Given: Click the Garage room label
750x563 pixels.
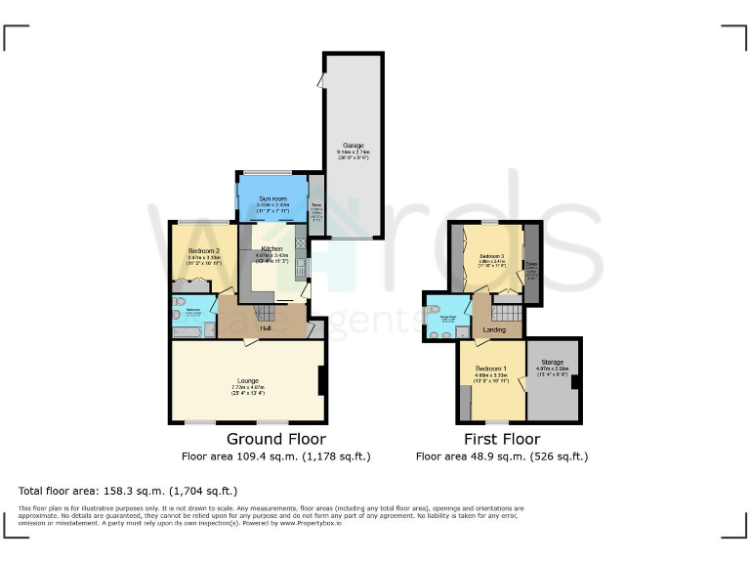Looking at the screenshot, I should coord(353,146).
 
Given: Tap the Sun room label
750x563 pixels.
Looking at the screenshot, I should coord(272,198).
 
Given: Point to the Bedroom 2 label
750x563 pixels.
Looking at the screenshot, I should coord(204,251).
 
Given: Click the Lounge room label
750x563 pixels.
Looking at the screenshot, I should coord(245,381).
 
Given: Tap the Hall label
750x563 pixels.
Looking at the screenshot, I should coord(265,329).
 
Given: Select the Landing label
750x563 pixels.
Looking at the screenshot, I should coord(495,330).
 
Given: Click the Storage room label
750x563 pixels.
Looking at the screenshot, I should coord(552,363).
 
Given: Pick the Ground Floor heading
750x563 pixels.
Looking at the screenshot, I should coord(276,439).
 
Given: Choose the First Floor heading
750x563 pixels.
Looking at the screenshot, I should coord(502,439).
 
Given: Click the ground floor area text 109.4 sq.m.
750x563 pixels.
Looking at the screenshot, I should coord(276,455).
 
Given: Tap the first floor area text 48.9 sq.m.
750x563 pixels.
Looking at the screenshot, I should coord(502,455).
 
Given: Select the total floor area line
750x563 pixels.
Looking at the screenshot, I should coord(128,491).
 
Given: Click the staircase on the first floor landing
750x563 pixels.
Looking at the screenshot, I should coord(506,315).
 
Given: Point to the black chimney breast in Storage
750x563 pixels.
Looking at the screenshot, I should coord(576,382).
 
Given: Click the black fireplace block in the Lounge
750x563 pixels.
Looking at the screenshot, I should coord(322,380).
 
